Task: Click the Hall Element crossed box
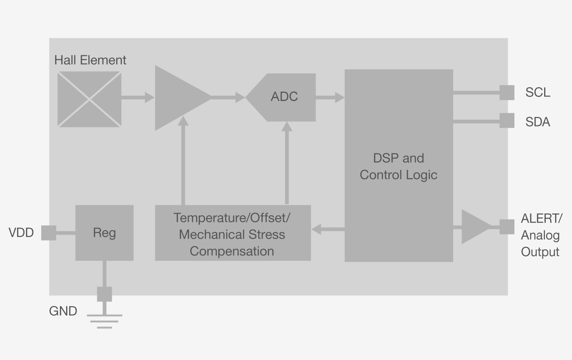pyautogui.click(x=89, y=99)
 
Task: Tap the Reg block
pyautogui.click(x=104, y=233)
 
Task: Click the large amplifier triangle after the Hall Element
pyautogui.click(x=178, y=98)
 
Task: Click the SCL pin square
pyautogui.click(x=507, y=92)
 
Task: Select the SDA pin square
pyautogui.click(x=507, y=121)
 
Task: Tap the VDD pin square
pyautogui.click(x=49, y=233)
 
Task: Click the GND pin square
pyautogui.click(x=104, y=294)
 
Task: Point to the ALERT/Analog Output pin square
pyautogui.click(x=507, y=227)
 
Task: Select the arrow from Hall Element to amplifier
pyautogui.click(x=137, y=98)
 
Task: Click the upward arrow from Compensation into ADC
pyautogui.click(x=287, y=163)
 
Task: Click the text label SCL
pyautogui.click(x=537, y=92)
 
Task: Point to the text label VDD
pyautogui.click(x=21, y=233)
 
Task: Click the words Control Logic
pyautogui.click(x=399, y=175)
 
